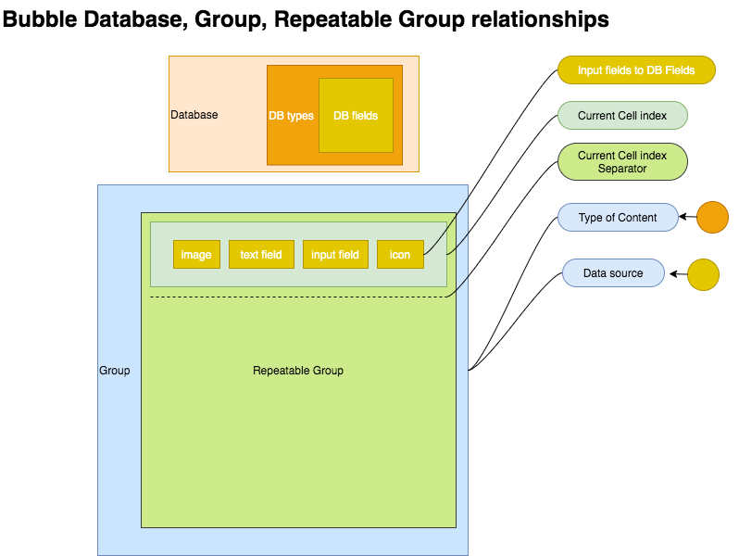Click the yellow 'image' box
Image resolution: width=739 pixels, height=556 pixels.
(196, 255)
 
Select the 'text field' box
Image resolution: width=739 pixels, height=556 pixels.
(261, 255)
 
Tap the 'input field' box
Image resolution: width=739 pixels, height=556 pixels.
(335, 255)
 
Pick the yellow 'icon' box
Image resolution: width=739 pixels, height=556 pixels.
(400, 255)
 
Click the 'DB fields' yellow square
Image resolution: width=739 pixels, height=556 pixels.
(356, 116)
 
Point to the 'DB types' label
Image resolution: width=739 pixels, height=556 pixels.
(291, 116)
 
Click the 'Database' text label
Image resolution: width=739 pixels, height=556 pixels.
(194, 115)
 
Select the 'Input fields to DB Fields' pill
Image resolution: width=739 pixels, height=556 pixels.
(636, 70)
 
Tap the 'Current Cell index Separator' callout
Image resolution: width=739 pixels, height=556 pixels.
(622, 161)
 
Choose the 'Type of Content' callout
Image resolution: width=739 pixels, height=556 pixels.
(618, 218)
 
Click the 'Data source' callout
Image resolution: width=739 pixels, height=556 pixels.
(613, 273)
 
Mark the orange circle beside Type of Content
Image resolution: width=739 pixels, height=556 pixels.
(712, 217)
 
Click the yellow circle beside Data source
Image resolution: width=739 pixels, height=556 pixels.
(704, 274)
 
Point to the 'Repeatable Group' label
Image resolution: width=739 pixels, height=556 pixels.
(298, 371)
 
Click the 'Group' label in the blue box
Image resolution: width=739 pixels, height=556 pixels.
(115, 371)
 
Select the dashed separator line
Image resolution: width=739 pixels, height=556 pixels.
(296, 297)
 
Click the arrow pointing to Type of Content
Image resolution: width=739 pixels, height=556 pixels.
(687, 218)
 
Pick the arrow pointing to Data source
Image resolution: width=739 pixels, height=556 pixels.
(678, 274)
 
